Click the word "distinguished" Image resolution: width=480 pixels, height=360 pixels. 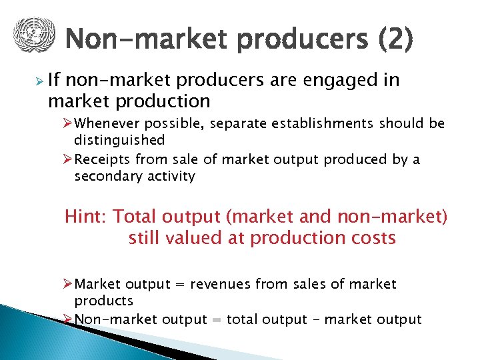(119, 140)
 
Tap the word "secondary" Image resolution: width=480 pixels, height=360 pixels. (107, 176)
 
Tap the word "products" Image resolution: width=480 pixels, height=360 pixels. (104, 301)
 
